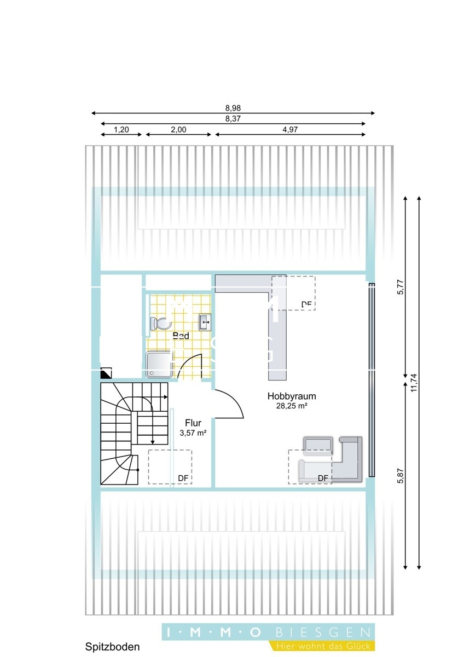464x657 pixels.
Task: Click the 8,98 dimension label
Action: (x=233, y=108)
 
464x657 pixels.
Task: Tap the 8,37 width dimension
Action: (x=233, y=119)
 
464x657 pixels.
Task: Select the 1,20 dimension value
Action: (x=121, y=129)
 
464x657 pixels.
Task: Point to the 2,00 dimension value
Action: (x=178, y=129)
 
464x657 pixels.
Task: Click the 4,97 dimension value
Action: (x=290, y=129)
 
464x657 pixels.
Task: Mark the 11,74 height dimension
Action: (x=414, y=383)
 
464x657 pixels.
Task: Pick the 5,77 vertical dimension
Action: (x=401, y=287)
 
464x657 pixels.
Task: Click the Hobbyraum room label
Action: (x=292, y=396)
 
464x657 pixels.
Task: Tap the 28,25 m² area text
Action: (x=292, y=406)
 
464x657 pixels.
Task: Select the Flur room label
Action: (x=193, y=423)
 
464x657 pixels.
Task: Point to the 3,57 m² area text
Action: (x=193, y=433)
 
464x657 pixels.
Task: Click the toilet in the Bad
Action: (x=160, y=324)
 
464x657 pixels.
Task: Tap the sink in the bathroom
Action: (x=205, y=322)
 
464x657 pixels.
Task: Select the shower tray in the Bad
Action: (x=159, y=365)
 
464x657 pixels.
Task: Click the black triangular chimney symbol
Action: (x=106, y=373)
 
